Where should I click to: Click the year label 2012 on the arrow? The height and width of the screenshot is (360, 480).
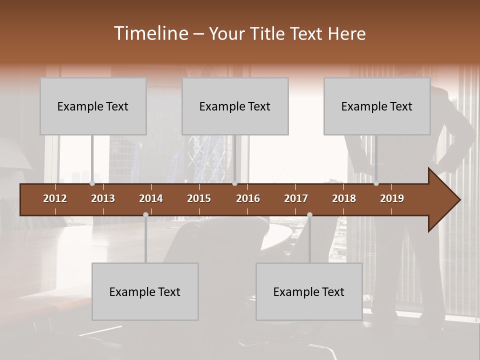pos(55,198)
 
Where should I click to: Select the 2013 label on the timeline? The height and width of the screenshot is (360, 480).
pos(103,198)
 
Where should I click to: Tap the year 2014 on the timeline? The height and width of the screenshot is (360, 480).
pos(151,198)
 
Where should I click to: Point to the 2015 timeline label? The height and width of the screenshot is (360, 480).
pos(199,198)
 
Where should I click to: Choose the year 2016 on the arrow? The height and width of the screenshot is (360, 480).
pos(248,198)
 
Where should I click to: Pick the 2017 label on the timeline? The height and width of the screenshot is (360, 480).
pos(296,198)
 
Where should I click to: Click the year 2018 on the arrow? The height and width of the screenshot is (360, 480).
pos(344,198)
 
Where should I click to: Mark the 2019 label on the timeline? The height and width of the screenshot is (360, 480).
pos(392,198)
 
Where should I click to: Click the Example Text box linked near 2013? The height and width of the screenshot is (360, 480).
pos(93,106)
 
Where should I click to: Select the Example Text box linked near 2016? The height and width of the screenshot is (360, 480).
pos(235,106)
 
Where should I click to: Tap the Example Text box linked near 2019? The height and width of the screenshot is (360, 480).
pos(377,106)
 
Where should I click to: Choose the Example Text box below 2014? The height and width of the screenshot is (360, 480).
pos(145,291)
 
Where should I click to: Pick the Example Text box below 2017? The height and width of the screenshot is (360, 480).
pos(309,291)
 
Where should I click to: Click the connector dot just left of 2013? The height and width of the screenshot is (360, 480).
pos(92,183)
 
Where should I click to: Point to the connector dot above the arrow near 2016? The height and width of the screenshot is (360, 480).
pos(235,183)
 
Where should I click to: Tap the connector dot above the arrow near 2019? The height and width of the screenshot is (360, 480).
pos(376,183)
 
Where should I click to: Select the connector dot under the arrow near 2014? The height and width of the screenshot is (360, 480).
pos(145,214)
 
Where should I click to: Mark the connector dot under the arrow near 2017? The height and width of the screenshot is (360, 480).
pos(309,214)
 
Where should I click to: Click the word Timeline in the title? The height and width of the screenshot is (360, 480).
pos(150,33)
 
